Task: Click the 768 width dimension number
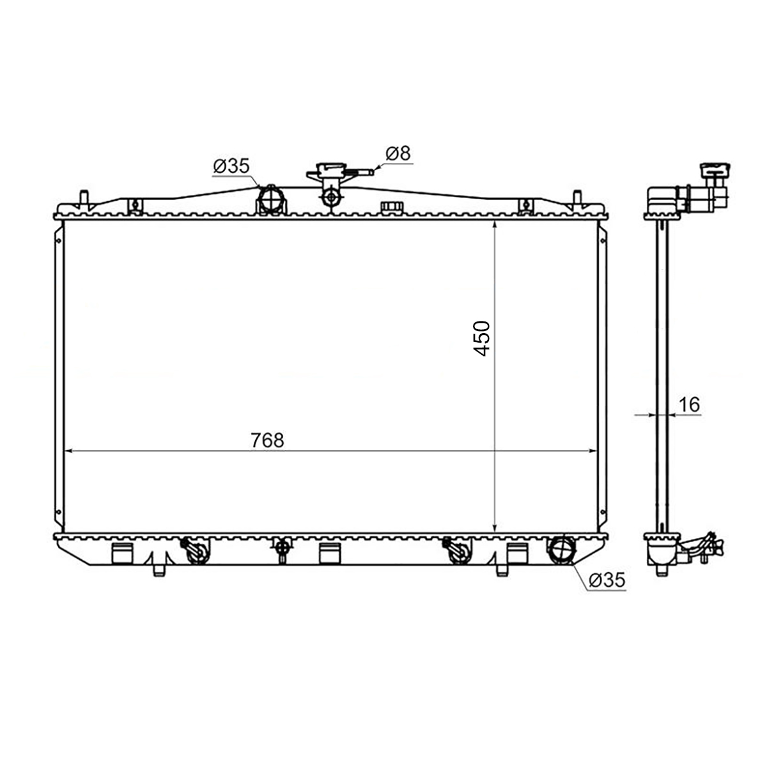(x=267, y=440)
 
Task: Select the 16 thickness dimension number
(x=690, y=405)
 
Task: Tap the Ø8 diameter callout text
(x=398, y=153)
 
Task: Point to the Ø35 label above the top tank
(x=231, y=166)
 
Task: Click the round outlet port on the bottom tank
(x=562, y=550)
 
